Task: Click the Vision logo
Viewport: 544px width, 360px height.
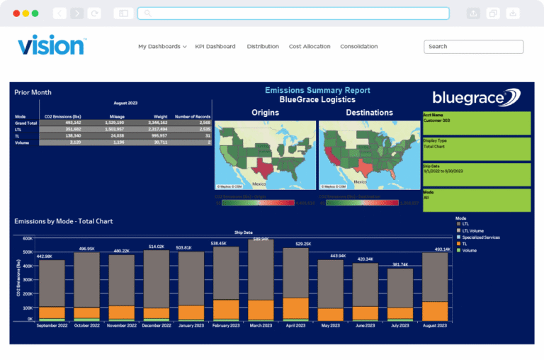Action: point(51,45)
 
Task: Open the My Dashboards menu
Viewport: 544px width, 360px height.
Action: point(162,47)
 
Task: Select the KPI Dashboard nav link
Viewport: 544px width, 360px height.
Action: point(215,47)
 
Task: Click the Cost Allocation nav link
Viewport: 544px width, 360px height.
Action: point(310,47)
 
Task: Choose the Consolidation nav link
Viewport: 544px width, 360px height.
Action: point(358,47)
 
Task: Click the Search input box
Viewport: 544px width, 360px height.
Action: point(473,47)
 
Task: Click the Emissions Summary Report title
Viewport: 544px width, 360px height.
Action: point(317,90)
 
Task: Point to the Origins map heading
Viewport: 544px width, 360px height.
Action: point(265,113)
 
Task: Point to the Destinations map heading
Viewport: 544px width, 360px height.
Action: point(369,113)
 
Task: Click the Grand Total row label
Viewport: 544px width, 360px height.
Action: point(25,123)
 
